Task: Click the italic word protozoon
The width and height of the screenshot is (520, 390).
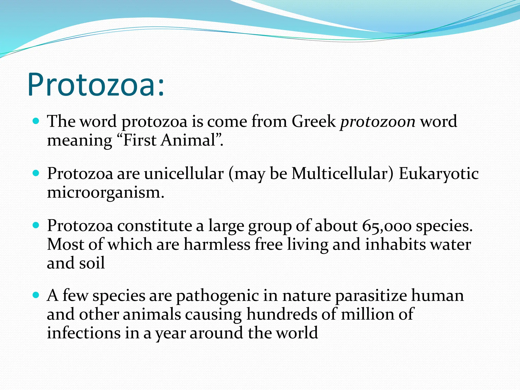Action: [x=378, y=121]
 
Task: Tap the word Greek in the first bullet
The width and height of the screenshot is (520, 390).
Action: [x=314, y=121]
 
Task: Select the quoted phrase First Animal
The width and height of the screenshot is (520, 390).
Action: [x=169, y=140]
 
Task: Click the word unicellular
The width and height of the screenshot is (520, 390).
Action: [x=184, y=174]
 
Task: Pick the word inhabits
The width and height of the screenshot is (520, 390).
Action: [x=395, y=244]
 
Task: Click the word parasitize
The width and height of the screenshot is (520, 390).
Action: [x=371, y=296]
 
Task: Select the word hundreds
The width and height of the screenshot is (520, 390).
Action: [x=282, y=314]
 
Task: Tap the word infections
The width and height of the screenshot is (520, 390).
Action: [x=84, y=333]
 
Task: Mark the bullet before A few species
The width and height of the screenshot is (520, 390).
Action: [x=36, y=296]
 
